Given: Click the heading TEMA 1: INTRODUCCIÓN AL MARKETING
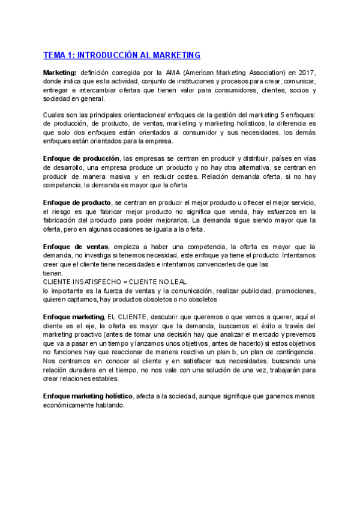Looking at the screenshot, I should click(x=122, y=55).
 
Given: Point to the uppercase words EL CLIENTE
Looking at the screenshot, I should click(x=125, y=316).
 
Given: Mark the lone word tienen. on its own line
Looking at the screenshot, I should click(x=53, y=273).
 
